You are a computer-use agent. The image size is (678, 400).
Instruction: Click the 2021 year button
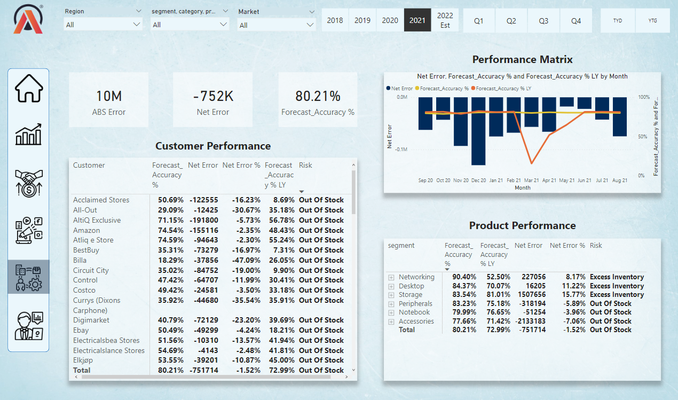point(417,20)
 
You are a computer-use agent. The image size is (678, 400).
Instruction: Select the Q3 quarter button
point(543,20)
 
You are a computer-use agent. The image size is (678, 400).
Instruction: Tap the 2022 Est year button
point(445,20)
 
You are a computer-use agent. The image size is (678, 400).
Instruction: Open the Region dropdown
point(104,25)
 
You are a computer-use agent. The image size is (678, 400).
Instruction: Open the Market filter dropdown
point(277,25)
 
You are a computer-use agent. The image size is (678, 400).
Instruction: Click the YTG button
point(652,20)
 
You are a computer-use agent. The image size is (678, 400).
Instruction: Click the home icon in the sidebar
point(28,89)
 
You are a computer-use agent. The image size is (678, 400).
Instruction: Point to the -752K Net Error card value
point(212,96)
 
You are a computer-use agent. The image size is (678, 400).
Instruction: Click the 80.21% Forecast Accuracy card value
point(318,96)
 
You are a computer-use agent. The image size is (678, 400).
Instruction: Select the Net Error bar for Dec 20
point(478,131)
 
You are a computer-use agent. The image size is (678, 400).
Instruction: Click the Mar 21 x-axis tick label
point(531,181)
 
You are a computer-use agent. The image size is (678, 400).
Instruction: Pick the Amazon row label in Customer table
point(86,230)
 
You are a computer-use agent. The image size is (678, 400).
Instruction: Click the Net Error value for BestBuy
point(203,250)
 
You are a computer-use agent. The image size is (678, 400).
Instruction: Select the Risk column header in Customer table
point(305,165)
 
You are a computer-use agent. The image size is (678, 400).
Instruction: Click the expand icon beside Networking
point(391,277)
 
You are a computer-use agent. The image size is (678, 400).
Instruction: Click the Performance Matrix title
point(522,59)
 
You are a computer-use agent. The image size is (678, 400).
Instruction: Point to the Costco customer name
point(84,290)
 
